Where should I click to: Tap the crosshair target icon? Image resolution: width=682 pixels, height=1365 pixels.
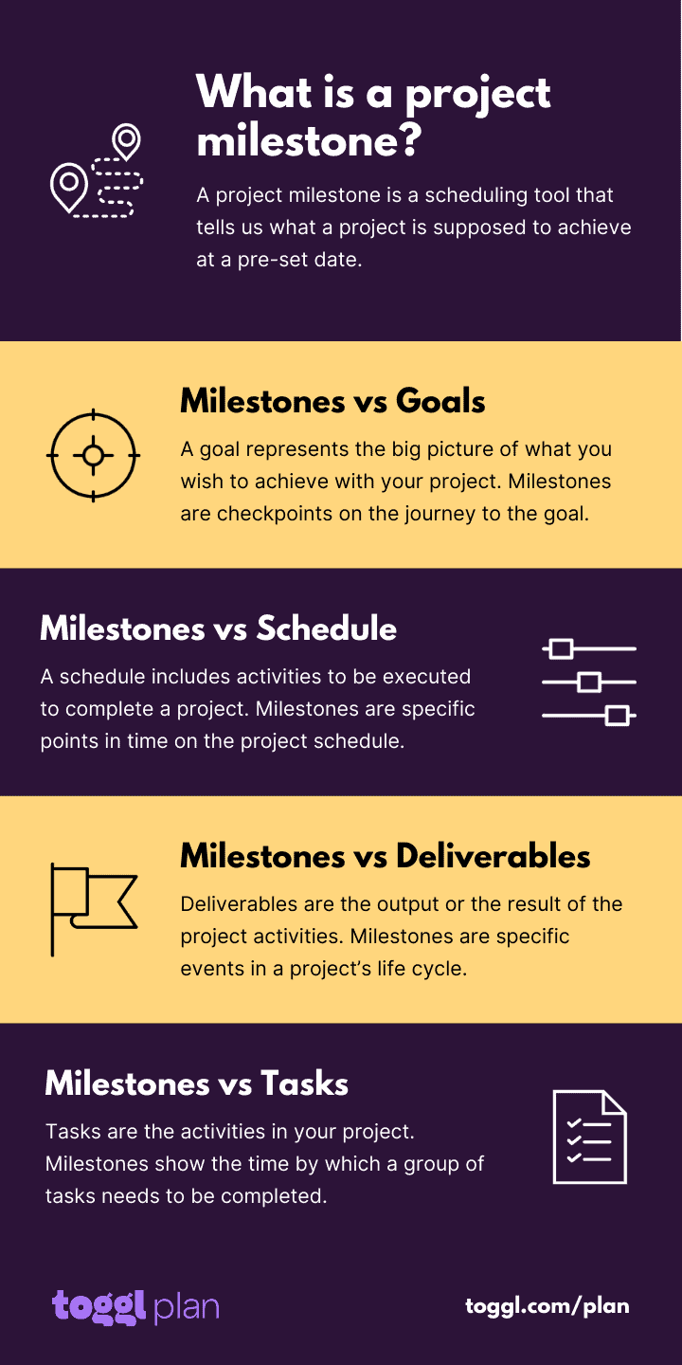93,455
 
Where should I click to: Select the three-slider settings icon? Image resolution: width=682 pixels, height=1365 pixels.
588,682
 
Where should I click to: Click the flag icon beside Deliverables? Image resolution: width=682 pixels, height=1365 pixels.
93,908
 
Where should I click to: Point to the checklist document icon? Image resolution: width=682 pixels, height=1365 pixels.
589,1137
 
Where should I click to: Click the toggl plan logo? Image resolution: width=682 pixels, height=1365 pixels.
135,1306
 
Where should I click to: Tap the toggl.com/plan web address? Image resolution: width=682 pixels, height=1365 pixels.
547,1305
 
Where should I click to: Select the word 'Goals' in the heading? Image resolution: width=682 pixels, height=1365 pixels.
440,401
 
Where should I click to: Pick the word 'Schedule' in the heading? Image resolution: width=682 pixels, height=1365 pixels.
327,628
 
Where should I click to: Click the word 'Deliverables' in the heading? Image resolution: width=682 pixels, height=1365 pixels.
493,856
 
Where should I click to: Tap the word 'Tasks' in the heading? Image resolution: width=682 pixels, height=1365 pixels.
304,1083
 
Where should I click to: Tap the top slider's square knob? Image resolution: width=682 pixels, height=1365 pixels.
562,649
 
